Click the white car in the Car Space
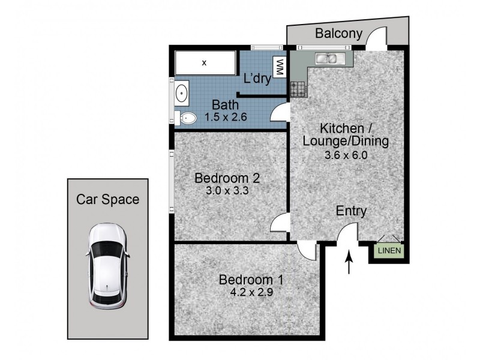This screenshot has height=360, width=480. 107,265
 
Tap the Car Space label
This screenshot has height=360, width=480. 107,199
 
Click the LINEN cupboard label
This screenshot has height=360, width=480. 389,251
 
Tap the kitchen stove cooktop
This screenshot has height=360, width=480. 298,89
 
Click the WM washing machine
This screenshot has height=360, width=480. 279,67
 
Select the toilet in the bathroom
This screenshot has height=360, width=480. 187,118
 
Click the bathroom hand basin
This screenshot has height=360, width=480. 181,94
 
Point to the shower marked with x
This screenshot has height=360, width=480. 205,62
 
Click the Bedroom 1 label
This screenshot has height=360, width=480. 251,280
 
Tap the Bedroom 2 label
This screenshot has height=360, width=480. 227,178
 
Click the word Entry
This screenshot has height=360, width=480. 351,211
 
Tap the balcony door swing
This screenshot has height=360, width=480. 376,39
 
